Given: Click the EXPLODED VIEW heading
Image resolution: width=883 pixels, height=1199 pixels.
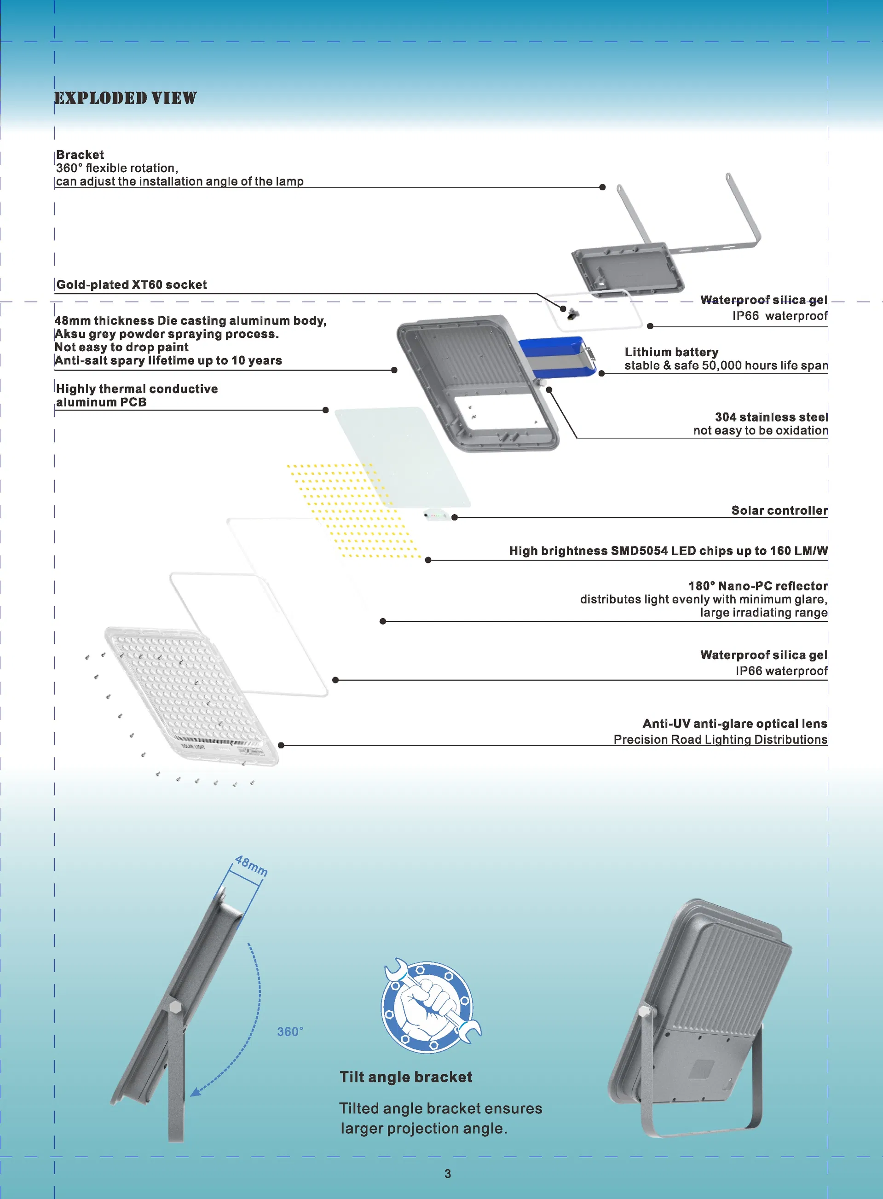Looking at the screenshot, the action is click(x=126, y=98).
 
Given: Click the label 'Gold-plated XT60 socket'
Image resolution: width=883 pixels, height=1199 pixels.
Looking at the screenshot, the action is click(x=132, y=284).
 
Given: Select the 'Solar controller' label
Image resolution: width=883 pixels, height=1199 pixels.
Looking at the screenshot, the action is click(x=779, y=510).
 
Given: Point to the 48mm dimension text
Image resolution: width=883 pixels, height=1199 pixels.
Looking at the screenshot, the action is click(x=251, y=865).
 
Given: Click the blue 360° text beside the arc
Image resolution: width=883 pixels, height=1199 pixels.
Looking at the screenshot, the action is click(x=290, y=1031).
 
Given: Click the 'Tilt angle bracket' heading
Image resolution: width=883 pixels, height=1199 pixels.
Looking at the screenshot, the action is click(x=406, y=1077).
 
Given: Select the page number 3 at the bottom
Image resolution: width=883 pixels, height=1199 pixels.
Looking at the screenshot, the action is click(x=447, y=1174).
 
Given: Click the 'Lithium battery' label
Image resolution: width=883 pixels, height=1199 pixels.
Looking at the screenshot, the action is click(x=671, y=352).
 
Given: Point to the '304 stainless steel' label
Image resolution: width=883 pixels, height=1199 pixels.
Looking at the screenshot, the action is click(x=771, y=417).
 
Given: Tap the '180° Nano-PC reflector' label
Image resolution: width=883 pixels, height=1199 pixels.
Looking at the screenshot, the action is click(x=758, y=586).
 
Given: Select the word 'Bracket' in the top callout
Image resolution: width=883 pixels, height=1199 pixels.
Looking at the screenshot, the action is click(x=80, y=155).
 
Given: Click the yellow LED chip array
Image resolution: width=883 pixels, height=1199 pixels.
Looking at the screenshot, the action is click(x=354, y=511).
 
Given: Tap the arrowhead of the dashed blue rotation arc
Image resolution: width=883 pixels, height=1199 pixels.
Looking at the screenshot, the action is click(x=196, y=1092).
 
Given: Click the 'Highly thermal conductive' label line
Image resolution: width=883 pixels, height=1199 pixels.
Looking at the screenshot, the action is click(x=137, y=388).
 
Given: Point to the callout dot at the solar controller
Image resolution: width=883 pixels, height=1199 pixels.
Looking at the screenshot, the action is click(x=454, y=517).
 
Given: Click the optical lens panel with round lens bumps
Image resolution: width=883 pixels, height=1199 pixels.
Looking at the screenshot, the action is click(x=191, y=696).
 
